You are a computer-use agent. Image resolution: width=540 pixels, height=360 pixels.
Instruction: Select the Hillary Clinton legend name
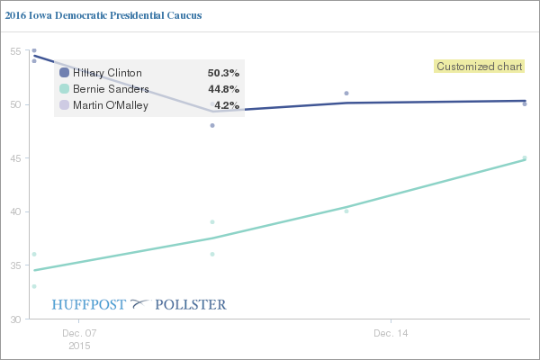107,73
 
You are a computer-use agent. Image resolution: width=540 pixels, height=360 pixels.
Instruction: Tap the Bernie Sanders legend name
111,89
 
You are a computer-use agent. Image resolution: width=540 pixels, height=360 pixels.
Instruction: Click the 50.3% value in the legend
223,73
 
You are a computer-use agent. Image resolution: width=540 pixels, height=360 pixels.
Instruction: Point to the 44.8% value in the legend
223,89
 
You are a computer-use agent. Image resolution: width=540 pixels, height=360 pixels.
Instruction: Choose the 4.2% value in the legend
226,105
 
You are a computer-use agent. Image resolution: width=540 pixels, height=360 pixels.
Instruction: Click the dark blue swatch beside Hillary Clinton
64,73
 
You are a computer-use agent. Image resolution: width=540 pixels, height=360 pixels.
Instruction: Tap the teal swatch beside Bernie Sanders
64,89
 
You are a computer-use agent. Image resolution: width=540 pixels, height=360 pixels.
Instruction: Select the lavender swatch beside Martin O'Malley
64,105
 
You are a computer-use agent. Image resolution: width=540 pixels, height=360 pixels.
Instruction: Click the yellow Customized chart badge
473,66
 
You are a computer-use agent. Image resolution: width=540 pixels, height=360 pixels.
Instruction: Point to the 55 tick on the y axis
15,50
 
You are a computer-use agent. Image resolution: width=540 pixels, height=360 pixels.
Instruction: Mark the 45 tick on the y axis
15,158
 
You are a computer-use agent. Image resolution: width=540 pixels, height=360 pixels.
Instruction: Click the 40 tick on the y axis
15,212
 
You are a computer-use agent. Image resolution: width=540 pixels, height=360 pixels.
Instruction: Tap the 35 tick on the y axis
15,265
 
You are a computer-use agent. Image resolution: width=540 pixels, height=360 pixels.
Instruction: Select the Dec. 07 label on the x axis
78,333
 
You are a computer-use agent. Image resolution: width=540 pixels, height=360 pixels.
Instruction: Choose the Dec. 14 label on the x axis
391,333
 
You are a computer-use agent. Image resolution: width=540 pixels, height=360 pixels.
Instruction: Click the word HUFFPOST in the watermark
89,303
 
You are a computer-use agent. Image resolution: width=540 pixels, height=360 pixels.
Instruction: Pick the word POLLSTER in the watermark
191,303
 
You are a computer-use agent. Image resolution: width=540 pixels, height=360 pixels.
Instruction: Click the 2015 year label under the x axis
78,345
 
